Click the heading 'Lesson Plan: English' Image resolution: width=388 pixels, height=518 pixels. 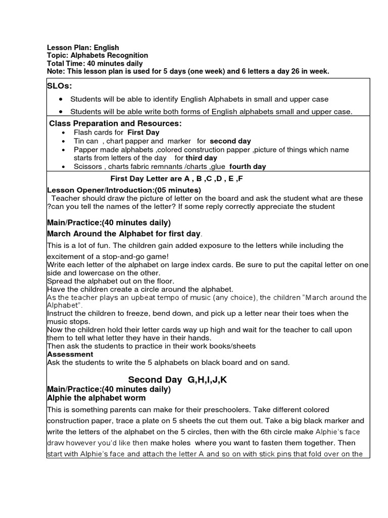tap(83, 48)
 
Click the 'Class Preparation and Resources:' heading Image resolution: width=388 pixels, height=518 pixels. tap(115, 124)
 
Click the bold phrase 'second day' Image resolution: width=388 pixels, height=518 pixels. tap(230, 141)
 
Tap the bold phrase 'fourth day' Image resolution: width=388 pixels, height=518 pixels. tap(248, 166)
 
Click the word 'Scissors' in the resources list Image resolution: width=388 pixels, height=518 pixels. tap(87, 166)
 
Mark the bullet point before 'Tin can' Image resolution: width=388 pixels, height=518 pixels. tap(63, 142)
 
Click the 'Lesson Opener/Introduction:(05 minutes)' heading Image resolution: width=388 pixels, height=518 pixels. tap(124, 190)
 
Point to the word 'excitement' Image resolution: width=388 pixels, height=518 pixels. tap(66, 257)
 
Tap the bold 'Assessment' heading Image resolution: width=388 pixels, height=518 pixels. tap(70, 355)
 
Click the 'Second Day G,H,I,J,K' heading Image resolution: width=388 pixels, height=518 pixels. tap(177, 380)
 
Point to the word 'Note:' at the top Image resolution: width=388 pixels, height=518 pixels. tap(56, 72)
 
